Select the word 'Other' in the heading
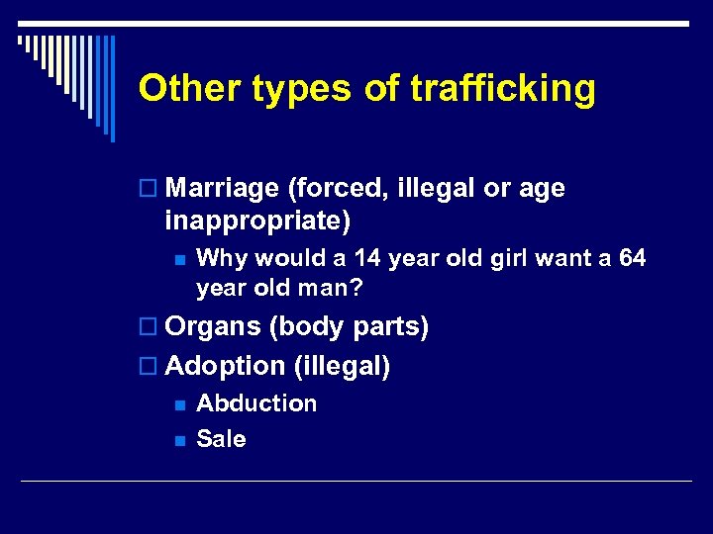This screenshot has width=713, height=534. (x=190, y=89)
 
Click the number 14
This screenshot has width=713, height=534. (x=367, y=259)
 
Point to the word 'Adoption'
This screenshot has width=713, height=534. (x=226, y=367)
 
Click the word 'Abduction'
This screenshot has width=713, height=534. (x=256, y=403)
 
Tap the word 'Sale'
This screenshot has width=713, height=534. (x=221, y=439)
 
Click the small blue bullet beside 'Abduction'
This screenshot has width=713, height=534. (x=178, y=404)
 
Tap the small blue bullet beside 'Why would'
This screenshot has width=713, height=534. (x=178, y=260)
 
